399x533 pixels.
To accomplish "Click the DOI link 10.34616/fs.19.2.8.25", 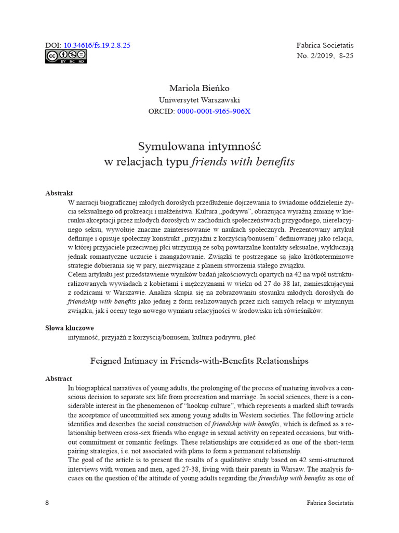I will (97, 45).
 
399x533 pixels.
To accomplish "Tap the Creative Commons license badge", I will (65, 57).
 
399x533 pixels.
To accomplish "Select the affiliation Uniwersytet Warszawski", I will (199, 99).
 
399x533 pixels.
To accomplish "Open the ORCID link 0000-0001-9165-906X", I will (214, 111).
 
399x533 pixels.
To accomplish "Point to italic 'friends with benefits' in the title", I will (243, 162).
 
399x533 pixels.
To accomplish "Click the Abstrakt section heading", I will (59, 193).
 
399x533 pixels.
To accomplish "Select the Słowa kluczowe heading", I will (70, 328).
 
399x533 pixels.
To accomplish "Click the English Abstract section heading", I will (59, 378).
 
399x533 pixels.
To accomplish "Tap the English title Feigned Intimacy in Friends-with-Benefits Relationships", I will (199, 360).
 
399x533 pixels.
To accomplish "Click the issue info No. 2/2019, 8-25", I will (325, 56).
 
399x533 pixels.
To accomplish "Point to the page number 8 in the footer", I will (47, 503).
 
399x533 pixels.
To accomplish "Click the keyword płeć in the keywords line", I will (248, 337).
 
